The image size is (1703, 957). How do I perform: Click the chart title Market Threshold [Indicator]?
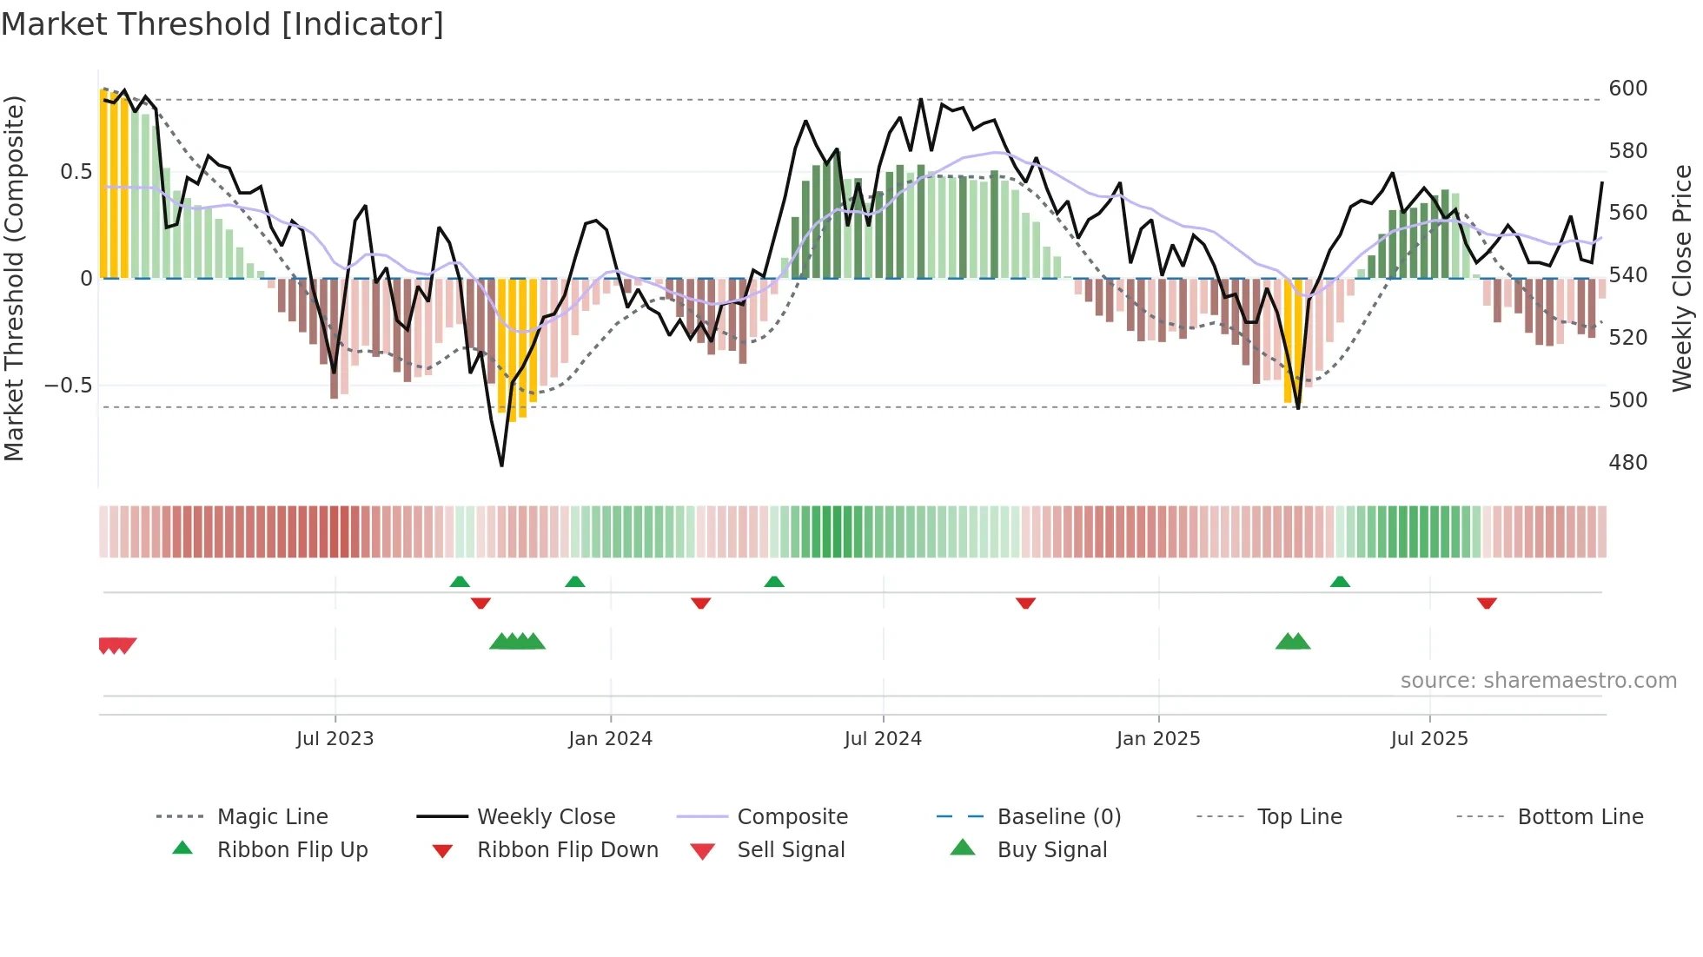[x=222, y=24]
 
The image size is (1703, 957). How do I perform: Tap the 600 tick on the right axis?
[x=1627, y=89]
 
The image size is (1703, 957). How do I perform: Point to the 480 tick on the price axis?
[x=1627, y=463]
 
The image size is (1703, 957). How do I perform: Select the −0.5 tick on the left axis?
[x=69, y=386]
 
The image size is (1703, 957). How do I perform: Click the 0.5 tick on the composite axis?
[x=76, y=172]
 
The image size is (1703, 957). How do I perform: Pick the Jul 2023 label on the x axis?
[x=335, y=739]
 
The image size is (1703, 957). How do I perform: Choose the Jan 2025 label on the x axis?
[x=1158, y=739]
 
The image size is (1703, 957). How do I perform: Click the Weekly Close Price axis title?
[x=1682, y=278]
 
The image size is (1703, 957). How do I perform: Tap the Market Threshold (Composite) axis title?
[x=14, y=278]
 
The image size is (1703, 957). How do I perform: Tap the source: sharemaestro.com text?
[x=1538, y=681]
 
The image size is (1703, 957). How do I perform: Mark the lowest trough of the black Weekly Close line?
[x=501, y=465]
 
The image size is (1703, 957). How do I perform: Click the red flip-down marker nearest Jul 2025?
[x=1487, y=603]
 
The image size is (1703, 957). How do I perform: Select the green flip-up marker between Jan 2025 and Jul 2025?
[x=1340, y=582]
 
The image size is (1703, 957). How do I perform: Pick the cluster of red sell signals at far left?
[x=116, y=645]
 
